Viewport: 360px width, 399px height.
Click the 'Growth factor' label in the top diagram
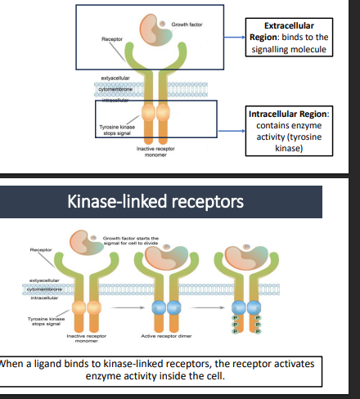[x=184, y=25]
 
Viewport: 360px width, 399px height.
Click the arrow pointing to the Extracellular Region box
[x=232, y=38]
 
